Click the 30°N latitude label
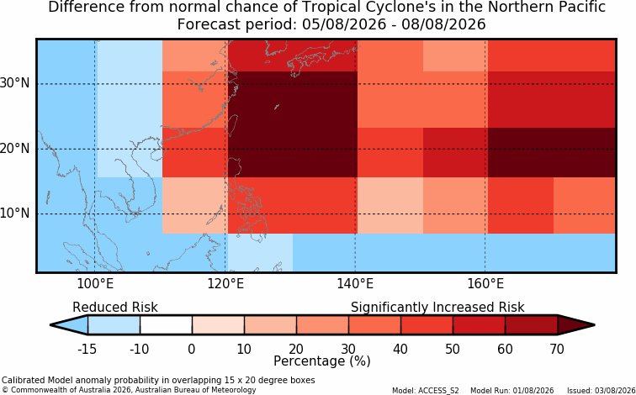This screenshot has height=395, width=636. point(15,83)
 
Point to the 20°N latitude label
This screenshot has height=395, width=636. point(15,148)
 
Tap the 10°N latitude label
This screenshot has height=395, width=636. point(15,213)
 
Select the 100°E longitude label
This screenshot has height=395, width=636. point(95,284)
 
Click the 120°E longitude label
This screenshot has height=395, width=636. point(225,284)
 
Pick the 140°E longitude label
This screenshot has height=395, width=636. point(355,284)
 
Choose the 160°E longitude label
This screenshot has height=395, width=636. point(485,284)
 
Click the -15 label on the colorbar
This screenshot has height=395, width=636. point(87,349)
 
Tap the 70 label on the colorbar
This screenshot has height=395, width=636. point(557,349)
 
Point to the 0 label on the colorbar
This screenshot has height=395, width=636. point(192,349)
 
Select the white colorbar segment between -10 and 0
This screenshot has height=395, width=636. point(166,325)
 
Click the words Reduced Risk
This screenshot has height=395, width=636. point(115,308)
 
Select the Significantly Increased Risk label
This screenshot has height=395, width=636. point(437,308)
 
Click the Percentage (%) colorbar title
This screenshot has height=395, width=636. point(322,361)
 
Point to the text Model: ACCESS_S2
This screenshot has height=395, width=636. point(426,391)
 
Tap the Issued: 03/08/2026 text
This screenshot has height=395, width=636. point(602,391)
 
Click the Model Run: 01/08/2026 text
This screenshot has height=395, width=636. point(511,391)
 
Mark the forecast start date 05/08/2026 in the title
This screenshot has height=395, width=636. point(344,24)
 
